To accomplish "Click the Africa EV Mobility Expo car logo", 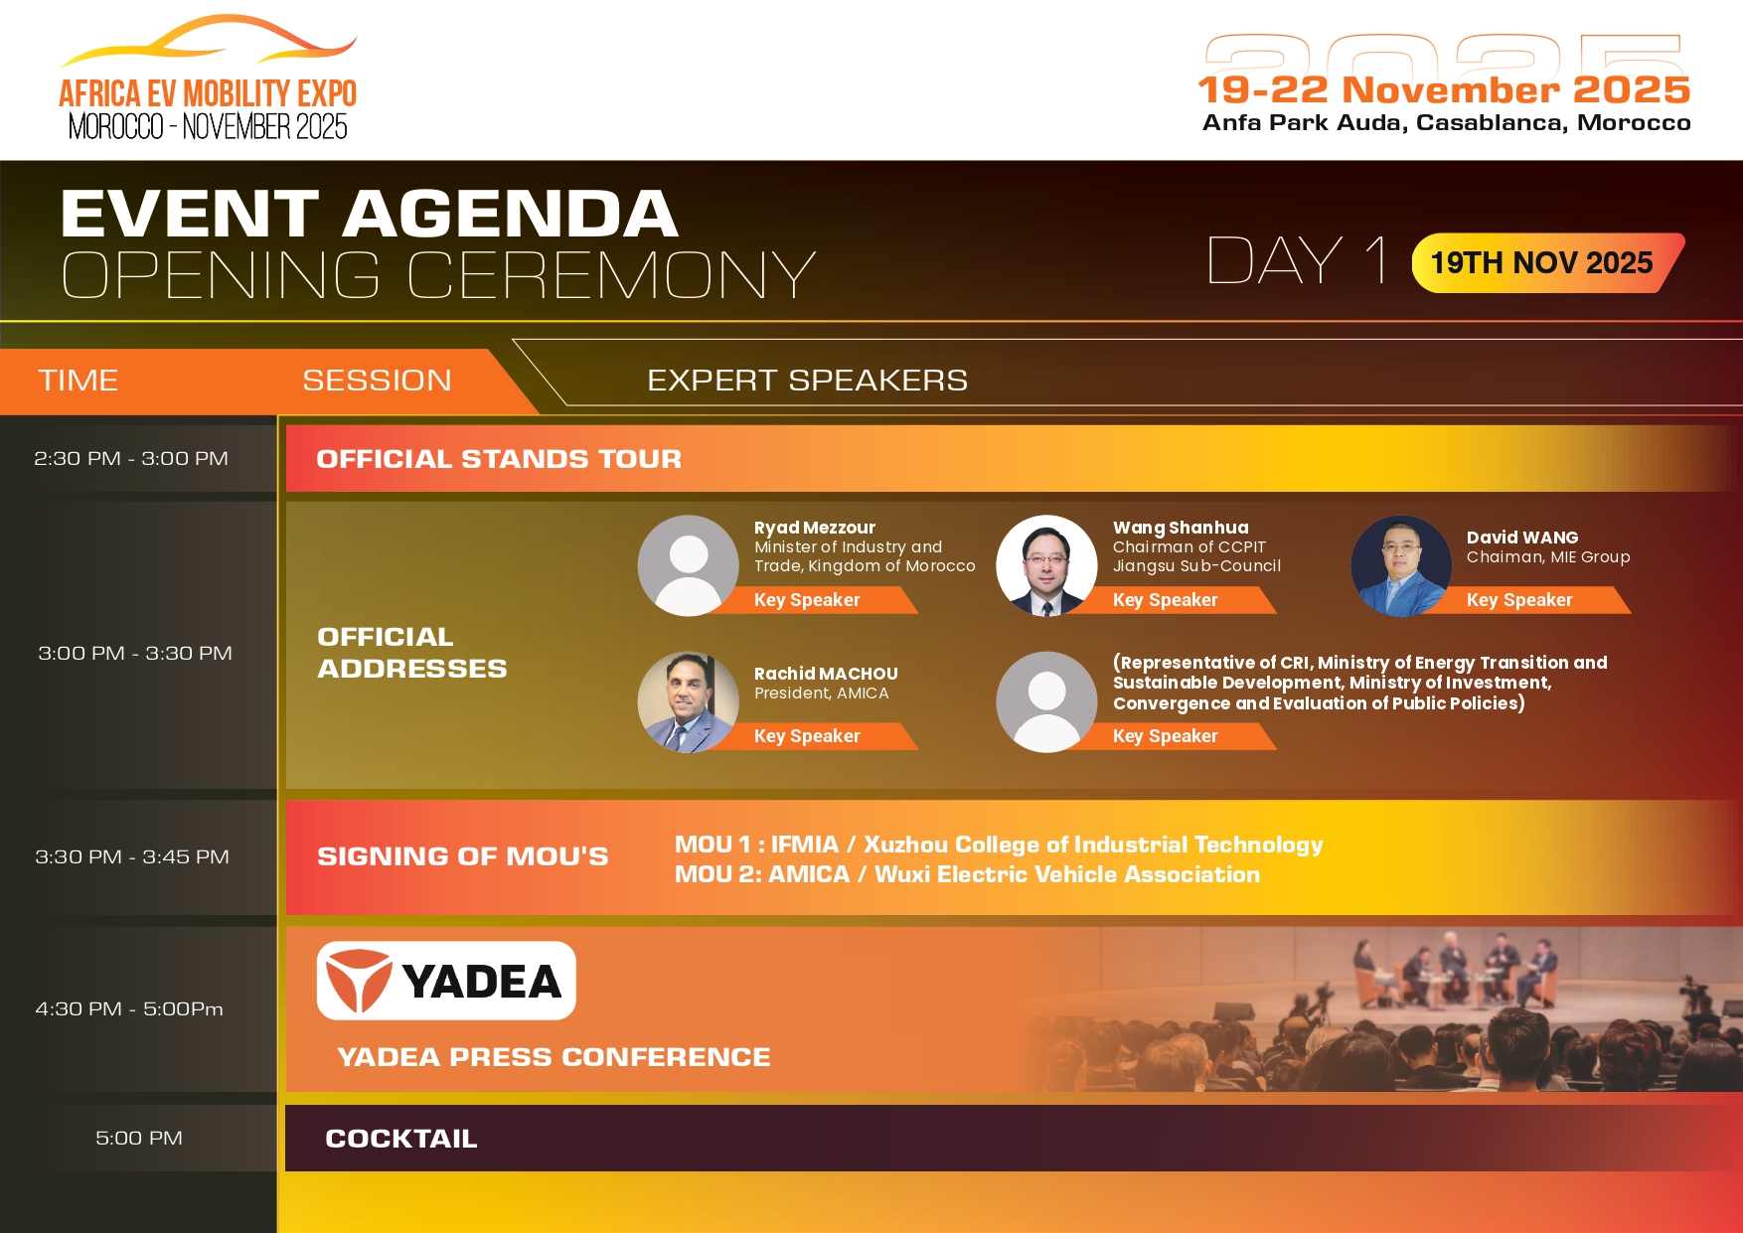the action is pyautogui.click(x=208, y=77).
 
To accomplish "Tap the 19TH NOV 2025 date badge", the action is pyautogui.click(x=1546, y=262).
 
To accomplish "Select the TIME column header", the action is pyautogui.click(x=79, y=380).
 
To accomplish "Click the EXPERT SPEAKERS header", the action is pyautogui.click(x=807, y=380).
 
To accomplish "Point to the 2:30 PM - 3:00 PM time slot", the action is pyautogui.click(x=131, y=458).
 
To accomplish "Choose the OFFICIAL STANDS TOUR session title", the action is pyautogui.click(x=499, y=459).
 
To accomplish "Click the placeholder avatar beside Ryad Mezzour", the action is pyautogui.click(x=688, y=565).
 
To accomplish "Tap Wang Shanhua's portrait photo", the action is pyautogui.click(x=1046, y=565).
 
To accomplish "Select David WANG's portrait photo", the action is pyautogui.click(x=1401, y=565).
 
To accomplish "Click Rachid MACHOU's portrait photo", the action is pyautogui.click(x=688, y=701).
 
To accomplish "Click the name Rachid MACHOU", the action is pyautogui.click(x=826, y=674).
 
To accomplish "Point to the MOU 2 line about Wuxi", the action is pyautogui.click(x=967, y=874).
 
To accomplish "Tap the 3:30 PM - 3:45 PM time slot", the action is pyautogui.click(x=132, y=856).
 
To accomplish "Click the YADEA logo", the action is pyautogui.click(x=446, y=981).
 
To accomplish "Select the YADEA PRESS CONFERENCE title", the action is pyautogui.click(x=554, y=1057).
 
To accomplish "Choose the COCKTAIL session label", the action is pyautogui.click(x=401, y=1139).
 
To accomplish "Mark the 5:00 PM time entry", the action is pyautogui.click(x=139, y=1138).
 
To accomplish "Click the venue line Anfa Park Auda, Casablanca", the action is pyautogui.click(x=1446, y=122).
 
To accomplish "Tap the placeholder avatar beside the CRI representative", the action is pyautogui.click(x=1046, y=701).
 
